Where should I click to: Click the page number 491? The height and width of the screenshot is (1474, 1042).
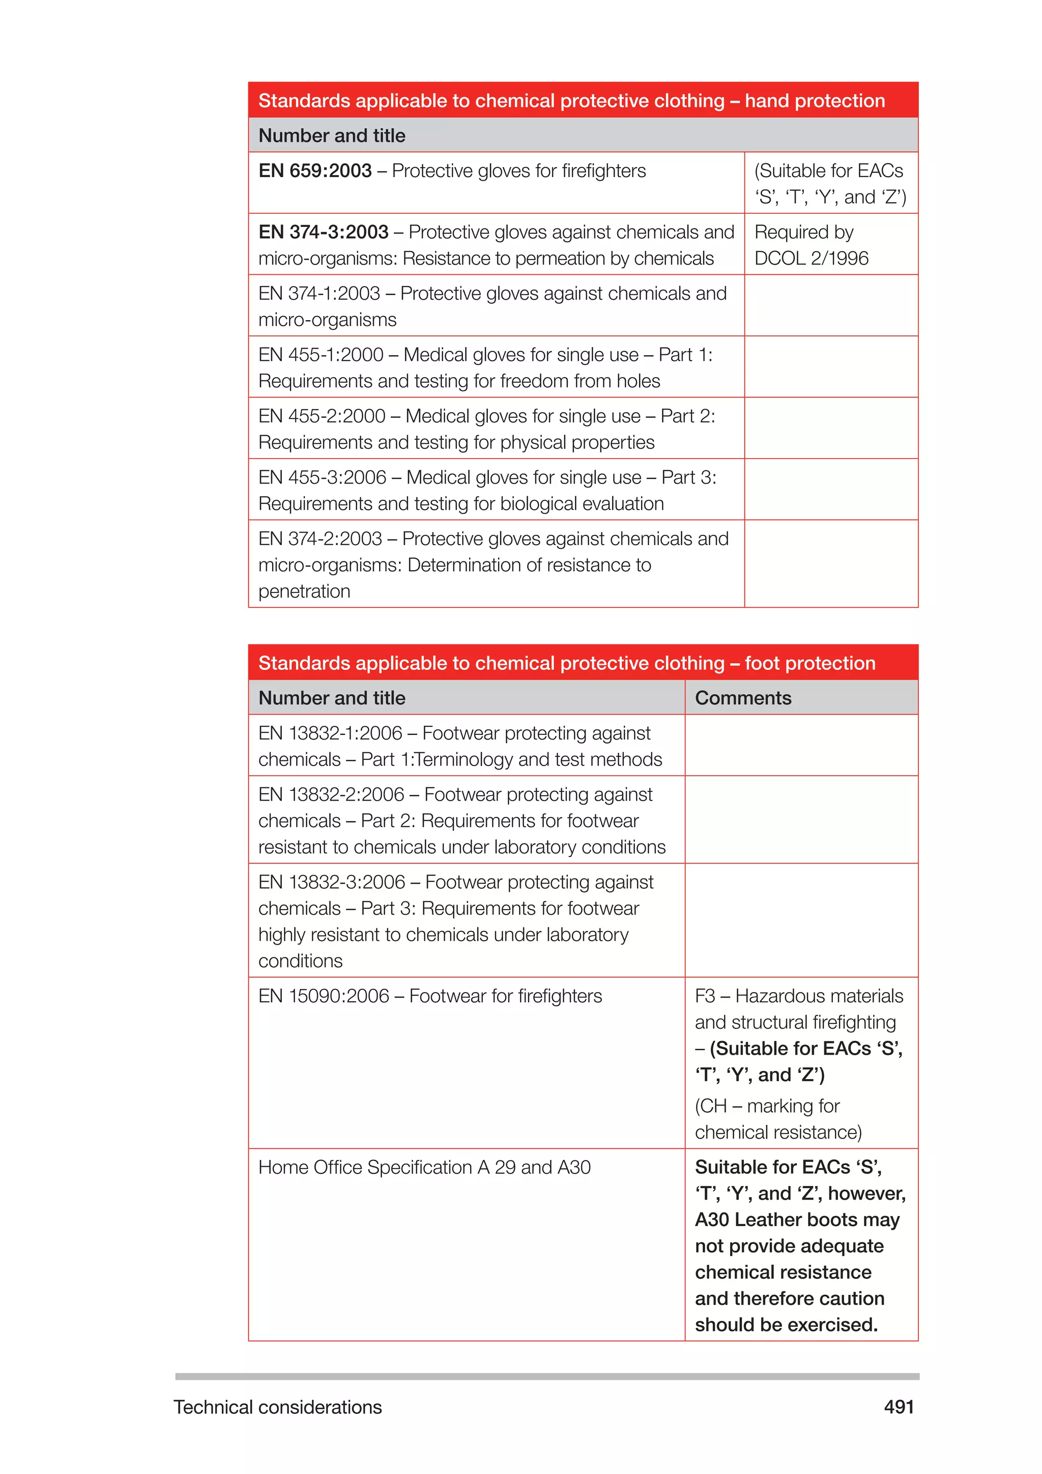coord(899,1407)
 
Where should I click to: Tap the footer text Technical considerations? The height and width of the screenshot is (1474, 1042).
coord(277,1407)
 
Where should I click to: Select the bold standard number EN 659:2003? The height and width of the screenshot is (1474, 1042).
coord(314,171)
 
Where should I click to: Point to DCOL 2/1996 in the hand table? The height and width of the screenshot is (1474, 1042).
coord(811,258)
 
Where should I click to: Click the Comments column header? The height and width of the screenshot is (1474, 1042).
coord(743,698)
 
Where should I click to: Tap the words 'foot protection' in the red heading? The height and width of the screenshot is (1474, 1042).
coord(809,663)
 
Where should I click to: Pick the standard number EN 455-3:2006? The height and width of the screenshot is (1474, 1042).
coord(322,477)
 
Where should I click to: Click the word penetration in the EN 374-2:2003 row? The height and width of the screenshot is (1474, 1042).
coord(304,591)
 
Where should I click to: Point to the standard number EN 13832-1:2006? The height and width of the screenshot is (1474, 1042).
coord(330,733)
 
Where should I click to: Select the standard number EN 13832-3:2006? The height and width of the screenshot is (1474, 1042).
coord(331,882)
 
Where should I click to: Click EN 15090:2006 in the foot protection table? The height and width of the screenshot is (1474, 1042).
coord(324,996)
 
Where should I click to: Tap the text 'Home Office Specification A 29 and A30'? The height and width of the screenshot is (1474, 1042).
coord(424,1167)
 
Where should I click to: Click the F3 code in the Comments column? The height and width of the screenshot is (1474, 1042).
coord(705,996)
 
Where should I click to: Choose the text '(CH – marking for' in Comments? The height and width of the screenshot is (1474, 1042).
coord(767,1106)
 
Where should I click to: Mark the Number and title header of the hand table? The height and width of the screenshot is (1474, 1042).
coord(332,135)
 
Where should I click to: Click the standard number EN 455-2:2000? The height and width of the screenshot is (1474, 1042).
coord(322,416)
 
